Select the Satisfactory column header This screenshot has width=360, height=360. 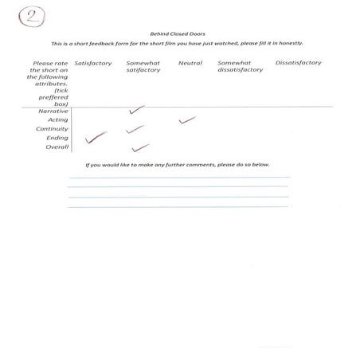click(x=93, y=63)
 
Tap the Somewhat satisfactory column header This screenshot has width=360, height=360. click(x=143, y=66)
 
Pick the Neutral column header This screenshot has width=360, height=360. click(x=190, y=63)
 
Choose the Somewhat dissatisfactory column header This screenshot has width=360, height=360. click(x=240, y=66)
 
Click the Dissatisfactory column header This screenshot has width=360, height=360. click(x=297, y=63)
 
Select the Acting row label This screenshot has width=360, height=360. click(x=57, y=119)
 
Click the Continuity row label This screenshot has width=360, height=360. click(x=52, y=128)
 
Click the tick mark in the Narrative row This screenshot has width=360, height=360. click(x=136, y=110)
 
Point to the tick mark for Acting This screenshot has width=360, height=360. click(x=187, y=120)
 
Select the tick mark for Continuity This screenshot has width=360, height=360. click(x=134, y=128)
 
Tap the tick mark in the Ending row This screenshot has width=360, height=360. click(x=96, y=139)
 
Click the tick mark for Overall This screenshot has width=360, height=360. click(x=140, y=147)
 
